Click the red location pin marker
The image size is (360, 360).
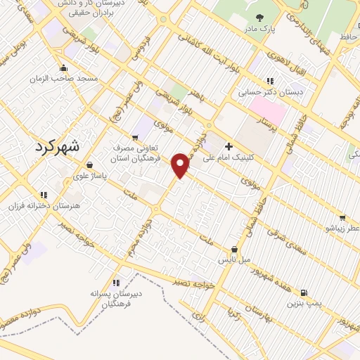point(181,165)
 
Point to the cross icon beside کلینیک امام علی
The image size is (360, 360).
point(228,147)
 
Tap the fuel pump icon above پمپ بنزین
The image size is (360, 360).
point(303,292)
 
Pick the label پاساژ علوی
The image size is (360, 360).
point(90,176)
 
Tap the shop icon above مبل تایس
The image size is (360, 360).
point(234,250)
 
